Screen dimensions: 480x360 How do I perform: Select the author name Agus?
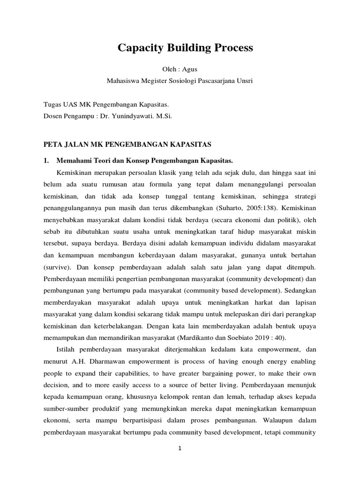pos(191,69)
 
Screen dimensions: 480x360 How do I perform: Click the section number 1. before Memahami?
pos(46,160)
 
